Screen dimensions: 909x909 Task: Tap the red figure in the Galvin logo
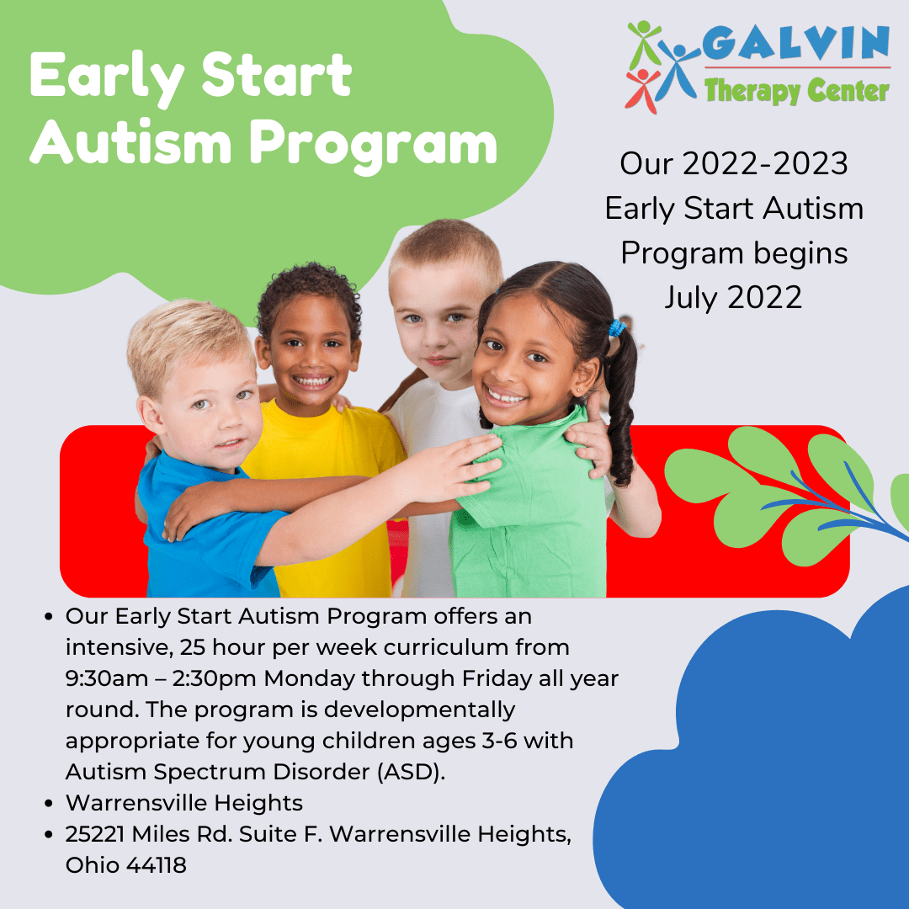[641, 88]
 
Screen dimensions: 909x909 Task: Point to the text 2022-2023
[765, 164]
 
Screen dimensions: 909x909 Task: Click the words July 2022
[733, 297]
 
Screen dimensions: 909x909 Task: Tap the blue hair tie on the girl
[619, 327]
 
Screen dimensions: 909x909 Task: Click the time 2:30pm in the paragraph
[216, 678]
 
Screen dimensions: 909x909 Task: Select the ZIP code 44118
[157, 864]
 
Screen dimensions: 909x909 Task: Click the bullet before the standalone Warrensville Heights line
[50, 804]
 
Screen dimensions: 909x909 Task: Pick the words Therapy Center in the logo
[796, 89]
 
